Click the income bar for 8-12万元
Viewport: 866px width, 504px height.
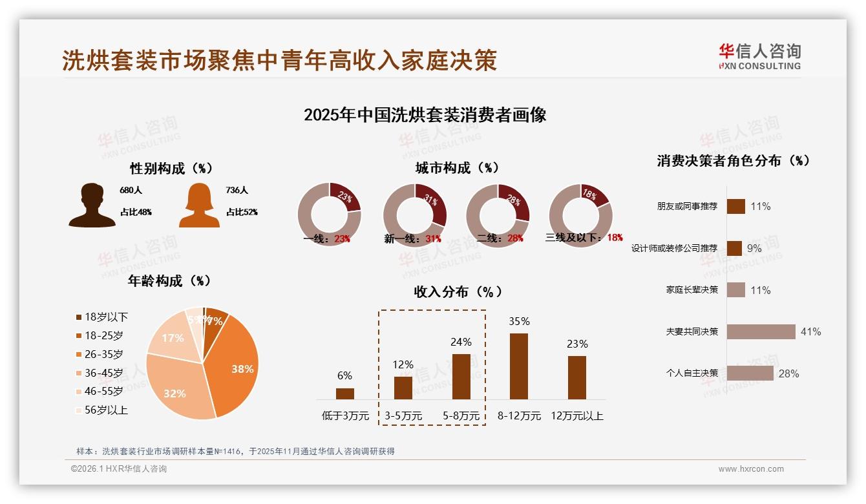point(519,366)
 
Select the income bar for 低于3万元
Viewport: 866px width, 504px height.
point(345,394)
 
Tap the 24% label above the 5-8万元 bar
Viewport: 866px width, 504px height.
point(461,342)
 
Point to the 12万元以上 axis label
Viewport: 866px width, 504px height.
point(577,416)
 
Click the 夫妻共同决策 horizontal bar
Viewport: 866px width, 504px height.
point(761,331)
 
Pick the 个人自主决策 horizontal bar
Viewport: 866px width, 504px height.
point(750,373)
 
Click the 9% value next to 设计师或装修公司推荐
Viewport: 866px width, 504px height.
point(754,248)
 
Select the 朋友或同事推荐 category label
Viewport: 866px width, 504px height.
point(687,207)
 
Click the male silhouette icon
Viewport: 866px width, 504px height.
point(92,205)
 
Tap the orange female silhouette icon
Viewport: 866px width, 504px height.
point(199,205)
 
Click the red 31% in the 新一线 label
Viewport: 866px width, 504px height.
point(433,238)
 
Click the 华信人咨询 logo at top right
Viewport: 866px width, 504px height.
point(759,57)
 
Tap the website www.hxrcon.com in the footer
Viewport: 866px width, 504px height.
point(751,469)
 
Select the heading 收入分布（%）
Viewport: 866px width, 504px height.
point(458,291)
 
